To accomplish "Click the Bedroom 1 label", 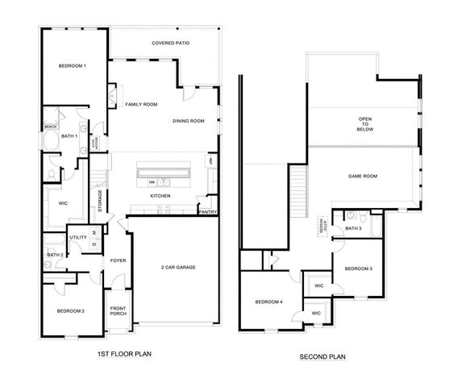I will coord(73,65).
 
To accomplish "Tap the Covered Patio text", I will coord(170,43).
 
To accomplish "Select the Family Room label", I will coord(140,105).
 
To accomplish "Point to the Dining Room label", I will coord(188,121).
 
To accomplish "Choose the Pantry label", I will coord(208,212).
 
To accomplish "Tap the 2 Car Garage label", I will coord(178,267).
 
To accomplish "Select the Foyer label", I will coord(119,260).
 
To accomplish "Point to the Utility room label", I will coord(78,237).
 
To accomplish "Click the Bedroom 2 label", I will coord(71,310).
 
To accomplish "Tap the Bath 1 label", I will coord(70,136).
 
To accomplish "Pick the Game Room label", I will coord(363,176).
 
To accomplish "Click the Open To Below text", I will coord(365,126).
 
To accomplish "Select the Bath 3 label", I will coord(353,228).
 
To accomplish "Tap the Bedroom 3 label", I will coord(358,268).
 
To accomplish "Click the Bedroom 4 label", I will coord(268,302).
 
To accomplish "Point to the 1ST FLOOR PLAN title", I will coord(123,353).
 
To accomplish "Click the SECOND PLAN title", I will coord(322,356).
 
